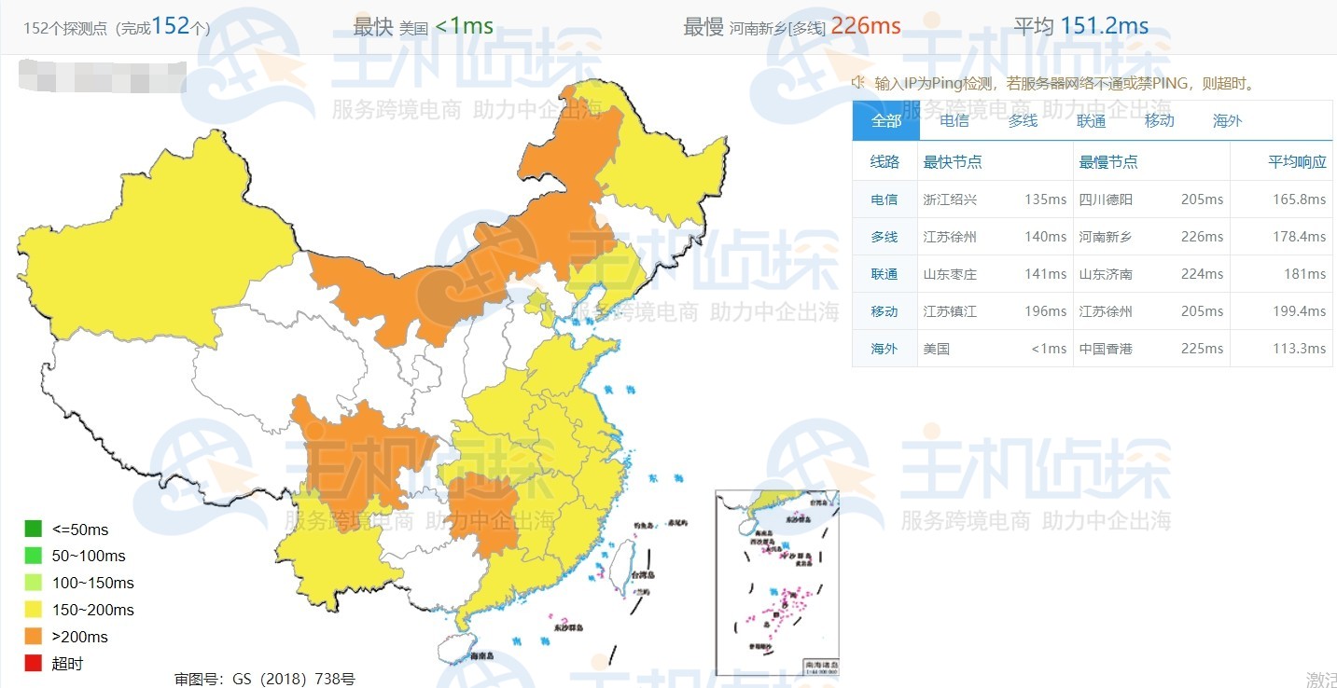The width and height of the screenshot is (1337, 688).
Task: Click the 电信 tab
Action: (x=954, y=120)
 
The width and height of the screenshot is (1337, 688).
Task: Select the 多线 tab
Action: (x=1023, y=120)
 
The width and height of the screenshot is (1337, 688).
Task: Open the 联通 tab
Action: (x=1091, y=120)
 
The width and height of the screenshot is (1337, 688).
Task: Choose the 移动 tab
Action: (x=1159, y=120)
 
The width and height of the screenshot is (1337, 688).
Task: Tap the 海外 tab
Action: (x=1227, y=120)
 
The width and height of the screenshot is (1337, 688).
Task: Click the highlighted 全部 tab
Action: (x=886, y=120)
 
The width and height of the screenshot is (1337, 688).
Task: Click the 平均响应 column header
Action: (x=1297, y=161)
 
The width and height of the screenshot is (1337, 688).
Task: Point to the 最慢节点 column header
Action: (x=1108, y=161)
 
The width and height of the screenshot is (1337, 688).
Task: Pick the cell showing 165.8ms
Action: (x=1299, y=200)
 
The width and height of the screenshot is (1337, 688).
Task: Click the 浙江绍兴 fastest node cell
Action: (x=950, y=200)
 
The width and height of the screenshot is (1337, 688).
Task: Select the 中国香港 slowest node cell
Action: (x=1107, y=349)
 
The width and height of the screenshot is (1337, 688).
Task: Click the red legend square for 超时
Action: (x=34, y=664)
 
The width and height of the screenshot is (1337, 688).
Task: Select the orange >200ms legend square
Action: (x=34, y=637)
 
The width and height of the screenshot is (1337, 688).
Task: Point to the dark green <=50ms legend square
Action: (x=34, y=530)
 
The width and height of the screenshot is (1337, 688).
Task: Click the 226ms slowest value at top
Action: (x=866, y=26)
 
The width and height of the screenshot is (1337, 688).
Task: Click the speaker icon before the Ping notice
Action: (x=858, y=83)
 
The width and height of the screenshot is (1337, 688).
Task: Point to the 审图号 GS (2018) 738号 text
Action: (x=265, y=680)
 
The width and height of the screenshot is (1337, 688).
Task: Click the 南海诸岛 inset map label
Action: (x=821, y=665)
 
